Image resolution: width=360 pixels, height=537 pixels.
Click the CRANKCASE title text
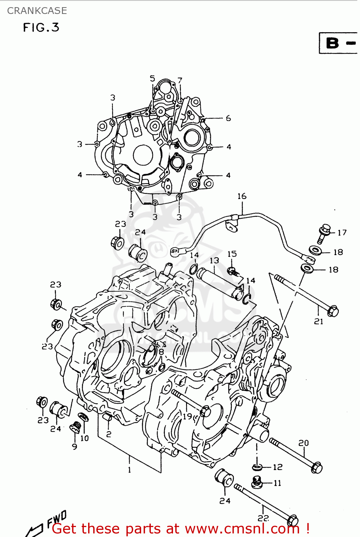click(37, 11)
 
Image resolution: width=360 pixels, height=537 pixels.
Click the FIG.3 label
click(41, 28)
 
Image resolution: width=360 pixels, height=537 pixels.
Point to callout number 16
click(242, 196)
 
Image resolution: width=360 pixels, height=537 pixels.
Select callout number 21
click(318, 321)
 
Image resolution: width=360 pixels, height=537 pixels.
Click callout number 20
click(303, 443)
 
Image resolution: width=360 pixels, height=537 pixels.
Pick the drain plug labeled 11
click(256, 482)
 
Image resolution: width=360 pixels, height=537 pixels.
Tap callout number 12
click(278, 467)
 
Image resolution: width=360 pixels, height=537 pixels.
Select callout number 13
click(214, 260)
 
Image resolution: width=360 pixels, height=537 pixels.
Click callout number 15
click(232, 254)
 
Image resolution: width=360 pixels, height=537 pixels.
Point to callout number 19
click(187, 416)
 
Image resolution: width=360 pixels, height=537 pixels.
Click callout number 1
click(129, 470)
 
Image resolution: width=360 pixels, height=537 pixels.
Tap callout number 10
click(85, 438)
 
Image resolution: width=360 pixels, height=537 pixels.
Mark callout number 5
click(153, 78)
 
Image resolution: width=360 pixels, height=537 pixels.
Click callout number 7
click(180, 81)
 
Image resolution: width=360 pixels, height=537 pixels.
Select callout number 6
click(228, 118)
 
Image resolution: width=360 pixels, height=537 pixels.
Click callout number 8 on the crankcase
click(161, 352)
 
